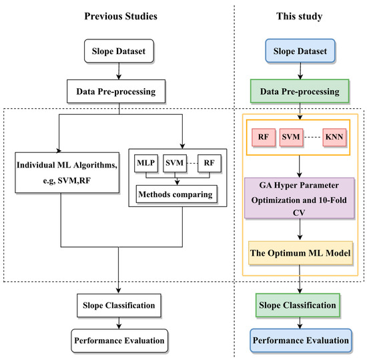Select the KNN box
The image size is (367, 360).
337,137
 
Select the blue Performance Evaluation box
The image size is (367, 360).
300,339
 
